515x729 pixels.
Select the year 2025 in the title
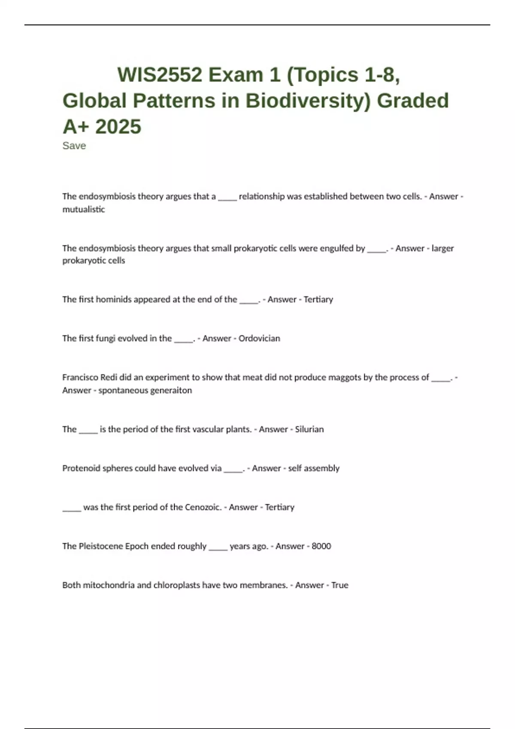coord(118,127)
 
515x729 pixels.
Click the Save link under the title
coord(74,146)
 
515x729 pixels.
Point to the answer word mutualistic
coord(84,210)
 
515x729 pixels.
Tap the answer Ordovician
coord(259,338)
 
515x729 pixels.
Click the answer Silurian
coord(309,429)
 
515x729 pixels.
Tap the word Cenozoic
coord(203,507)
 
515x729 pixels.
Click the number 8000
coord(321,546)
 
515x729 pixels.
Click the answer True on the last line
coord(339,585)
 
